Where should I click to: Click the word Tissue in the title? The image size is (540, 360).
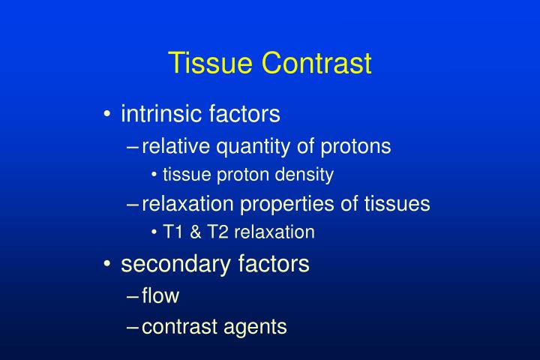click(211, 64)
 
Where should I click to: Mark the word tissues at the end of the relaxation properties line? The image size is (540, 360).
click(398, 203)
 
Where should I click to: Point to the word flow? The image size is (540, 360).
click(160, 296)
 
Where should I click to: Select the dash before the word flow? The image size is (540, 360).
click(133, 297)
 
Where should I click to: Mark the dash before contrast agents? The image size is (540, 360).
click(133, 328)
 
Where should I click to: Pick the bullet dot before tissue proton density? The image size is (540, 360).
click(154, 175)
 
